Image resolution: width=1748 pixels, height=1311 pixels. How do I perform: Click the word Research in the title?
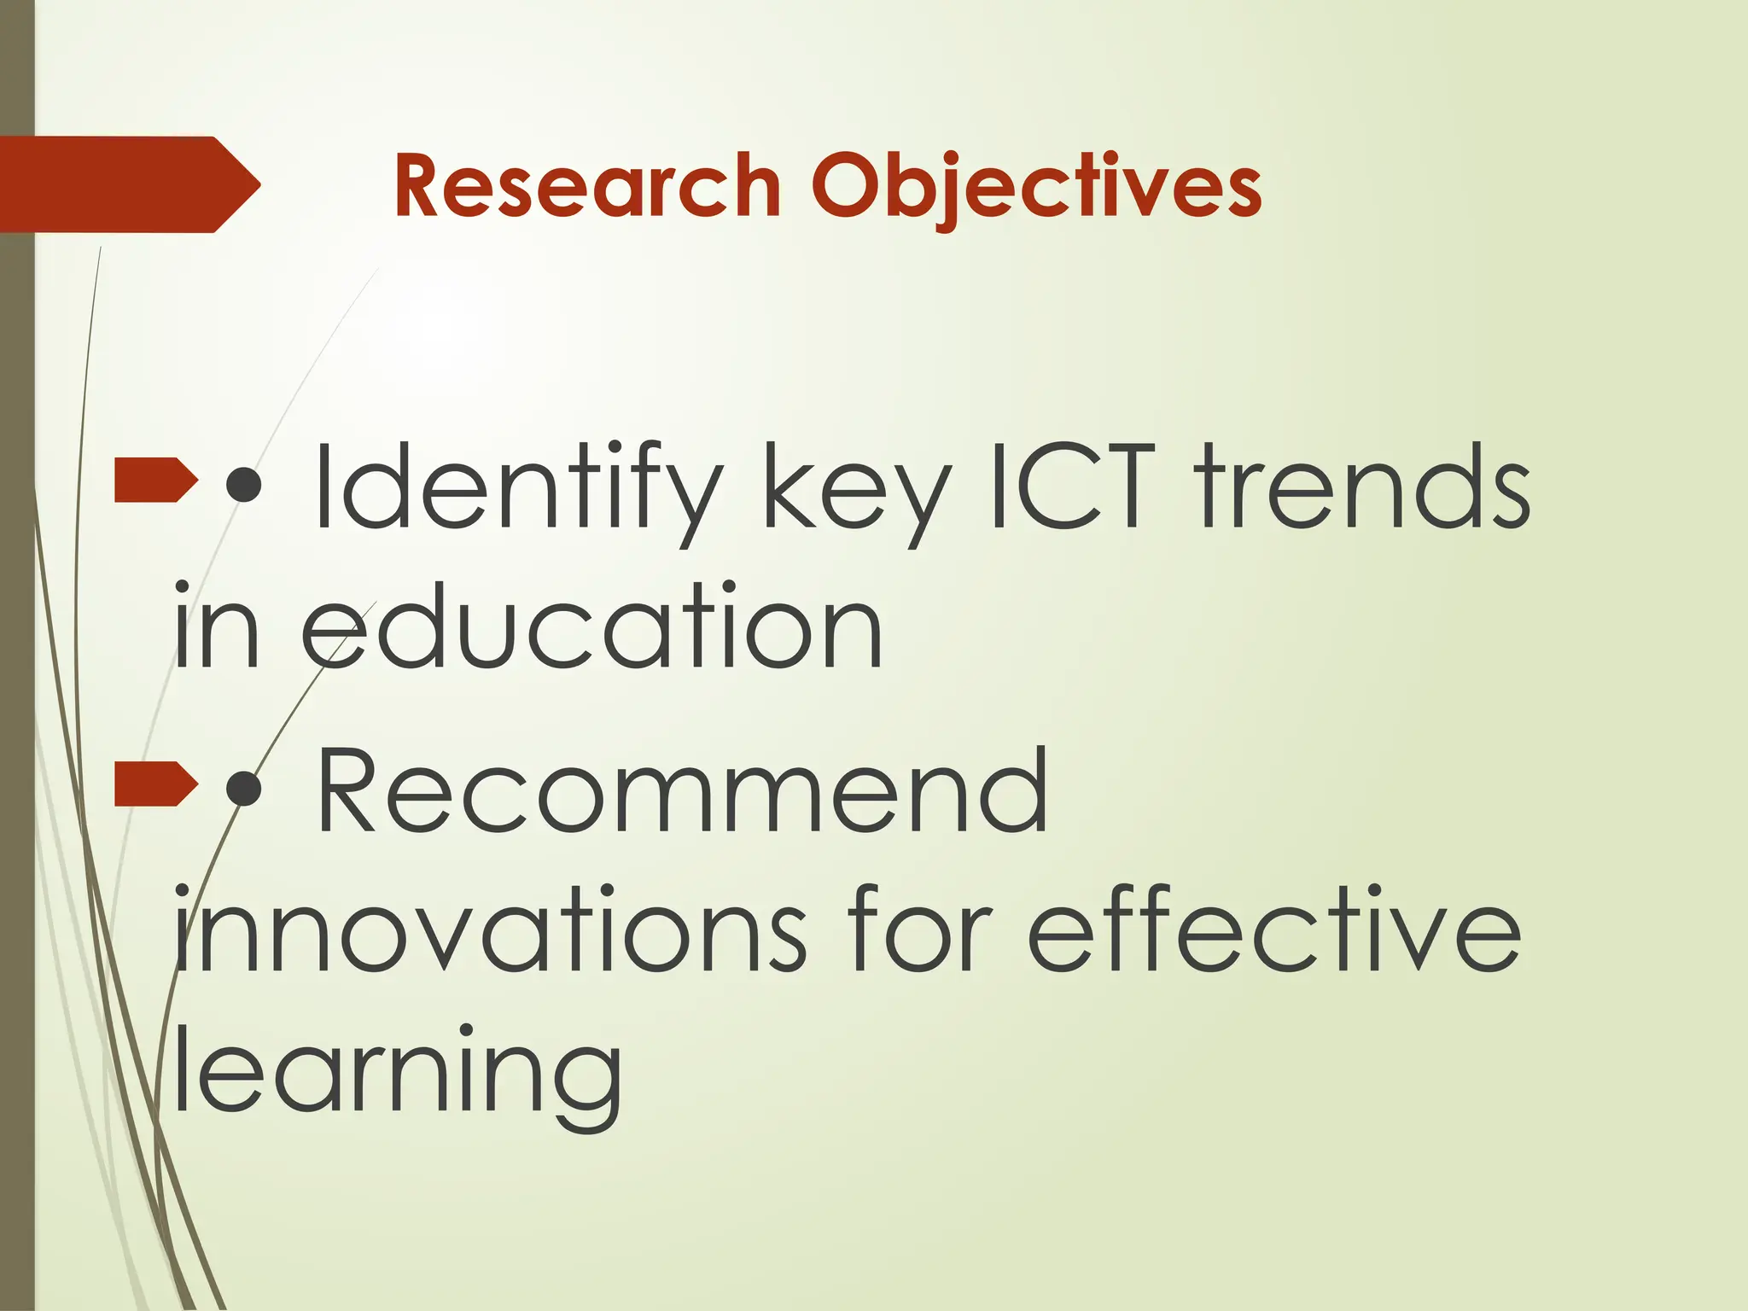(587, 186)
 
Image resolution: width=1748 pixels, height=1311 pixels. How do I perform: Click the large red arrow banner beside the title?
(128, 184)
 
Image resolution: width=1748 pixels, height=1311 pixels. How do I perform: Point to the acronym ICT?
(1074, 487)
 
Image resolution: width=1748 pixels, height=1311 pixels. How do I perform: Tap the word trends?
(1363, 487)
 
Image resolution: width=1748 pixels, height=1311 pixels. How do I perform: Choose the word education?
(592, 625)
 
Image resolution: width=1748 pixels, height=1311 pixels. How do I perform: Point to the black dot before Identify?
(245, 484)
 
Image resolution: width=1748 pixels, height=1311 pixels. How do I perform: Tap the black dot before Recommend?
(245, 789)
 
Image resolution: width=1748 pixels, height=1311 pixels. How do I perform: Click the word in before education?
(216, 625)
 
